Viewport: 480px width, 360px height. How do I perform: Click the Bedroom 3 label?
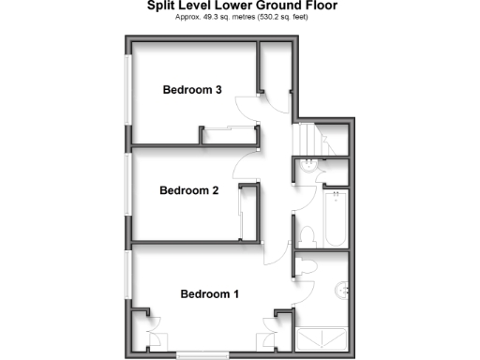191,91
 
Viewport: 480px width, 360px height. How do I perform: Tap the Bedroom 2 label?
188,190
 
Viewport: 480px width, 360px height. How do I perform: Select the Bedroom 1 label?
209,294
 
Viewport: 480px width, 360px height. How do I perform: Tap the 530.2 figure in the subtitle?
275,17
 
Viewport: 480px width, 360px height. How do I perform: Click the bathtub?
335,218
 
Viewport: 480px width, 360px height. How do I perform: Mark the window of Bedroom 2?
128,187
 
